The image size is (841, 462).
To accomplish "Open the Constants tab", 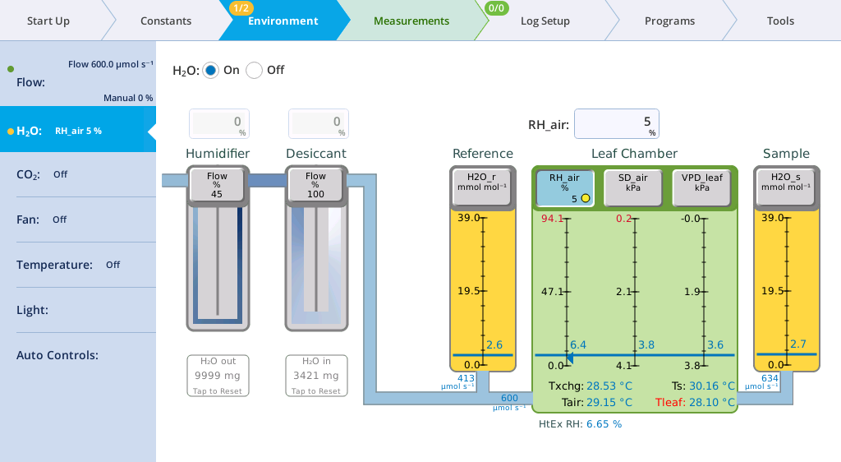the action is (166, 21).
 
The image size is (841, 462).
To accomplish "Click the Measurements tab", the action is (411, 21).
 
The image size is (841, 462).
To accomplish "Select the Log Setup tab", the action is (545, 21).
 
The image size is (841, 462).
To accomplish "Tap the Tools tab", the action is (780, 21).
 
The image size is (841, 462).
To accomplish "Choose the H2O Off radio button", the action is (255, 71).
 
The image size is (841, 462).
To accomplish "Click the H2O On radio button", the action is (211, 71).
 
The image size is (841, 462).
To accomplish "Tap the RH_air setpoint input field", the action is (616, 124).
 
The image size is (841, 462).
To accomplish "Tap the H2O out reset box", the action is (218, 376).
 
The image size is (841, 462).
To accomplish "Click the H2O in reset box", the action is (316, 376).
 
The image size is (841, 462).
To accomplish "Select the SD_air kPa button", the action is (633, 187).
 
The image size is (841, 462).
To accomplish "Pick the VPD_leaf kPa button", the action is (701, 187).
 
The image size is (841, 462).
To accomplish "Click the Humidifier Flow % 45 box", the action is (217, 185).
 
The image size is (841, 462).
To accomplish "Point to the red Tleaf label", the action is (669, 403).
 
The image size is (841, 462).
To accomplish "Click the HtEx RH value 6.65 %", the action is (604, 424).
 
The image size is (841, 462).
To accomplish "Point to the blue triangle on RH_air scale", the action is (570, 358).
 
